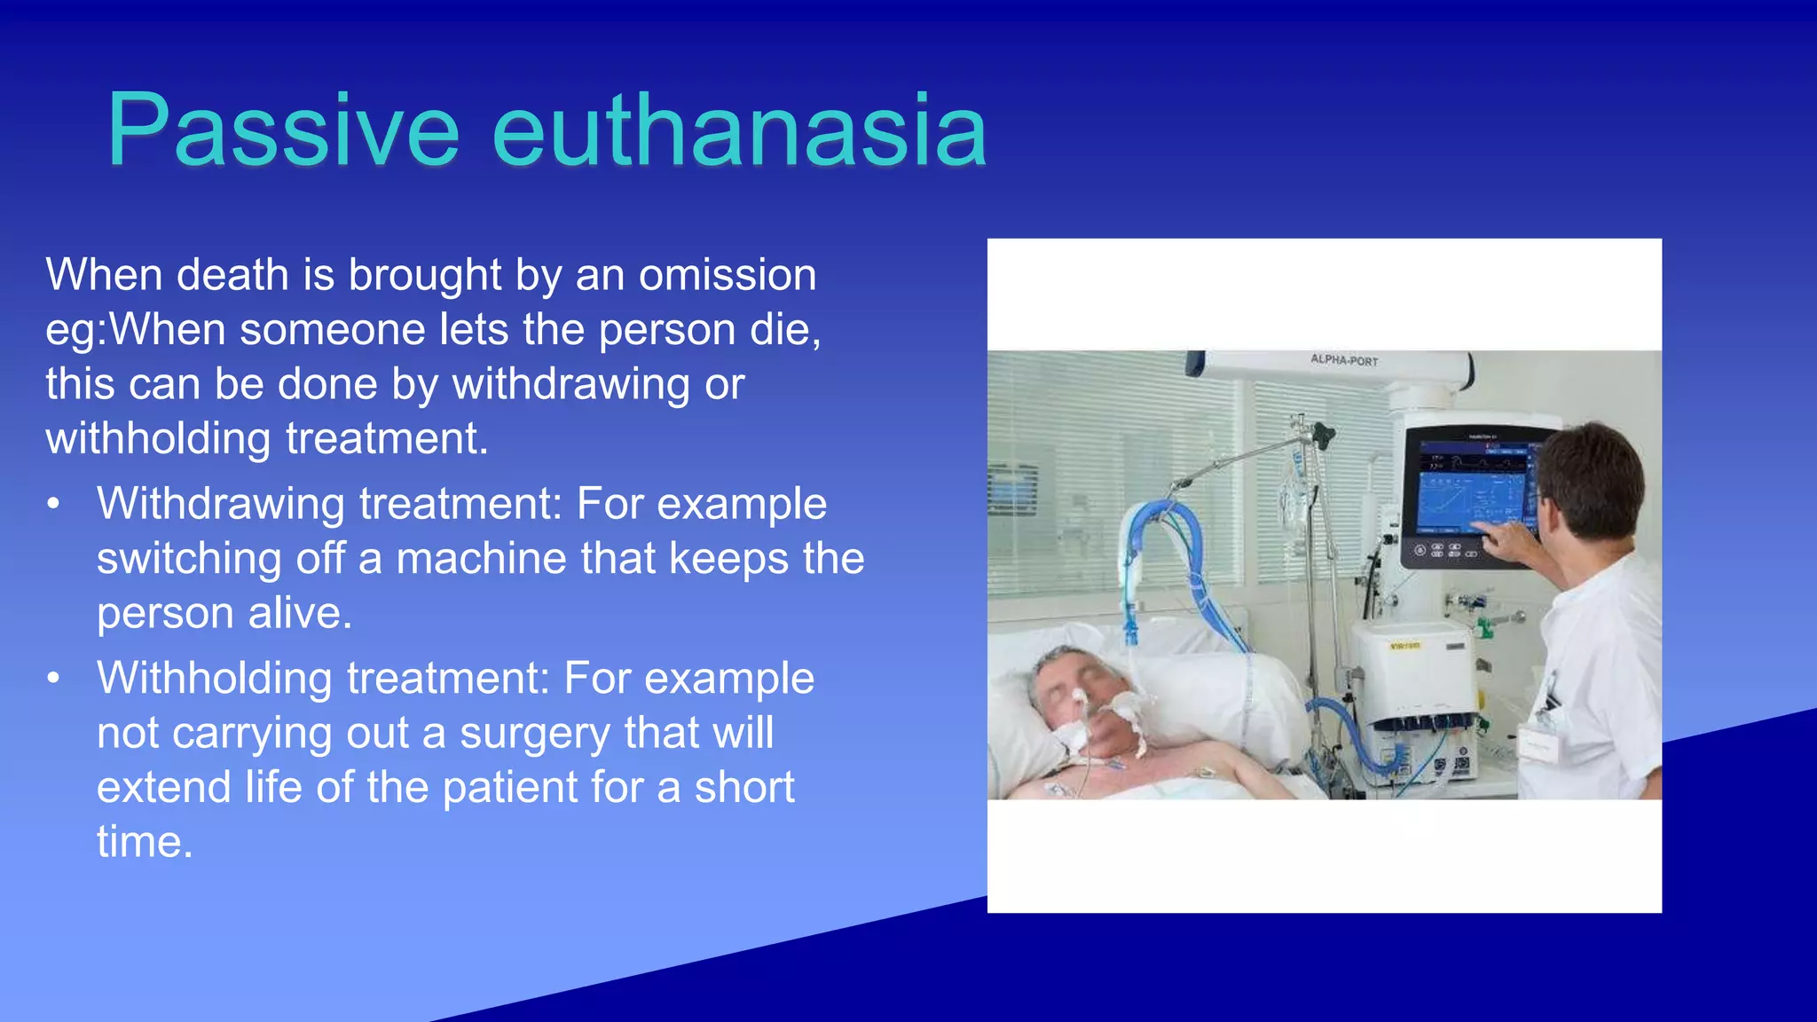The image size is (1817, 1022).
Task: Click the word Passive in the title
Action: coord(282,131)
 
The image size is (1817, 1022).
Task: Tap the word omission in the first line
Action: coord(727,275)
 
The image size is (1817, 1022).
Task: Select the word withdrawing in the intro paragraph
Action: coord(571,384)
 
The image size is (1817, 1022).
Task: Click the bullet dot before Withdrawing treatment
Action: coord(54,504)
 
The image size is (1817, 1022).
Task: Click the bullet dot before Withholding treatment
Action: coord(54,679)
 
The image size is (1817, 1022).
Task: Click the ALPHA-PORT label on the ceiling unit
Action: coord(1344,360)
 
